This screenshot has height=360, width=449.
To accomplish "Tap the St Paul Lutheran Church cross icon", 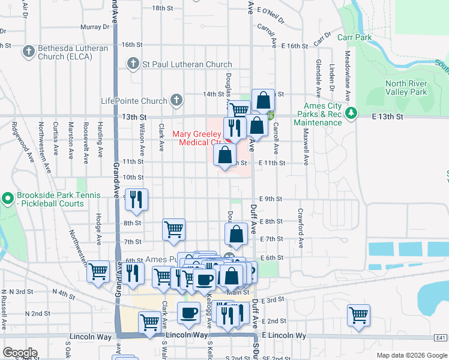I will (x=133, y=64).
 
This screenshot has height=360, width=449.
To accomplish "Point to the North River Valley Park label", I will (x=406, y=88).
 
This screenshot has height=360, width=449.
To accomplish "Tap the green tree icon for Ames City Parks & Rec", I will (x=352, y=112).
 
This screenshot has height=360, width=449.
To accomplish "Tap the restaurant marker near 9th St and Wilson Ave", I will (x=137, y=199).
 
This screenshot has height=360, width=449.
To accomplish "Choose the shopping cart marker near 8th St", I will (x=173, y=229).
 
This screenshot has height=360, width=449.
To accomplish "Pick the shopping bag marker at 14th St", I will (x=263, y=100).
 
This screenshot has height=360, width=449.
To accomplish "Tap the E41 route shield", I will (x=441, y=339).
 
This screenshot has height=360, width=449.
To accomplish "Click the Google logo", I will (x=20, y=353).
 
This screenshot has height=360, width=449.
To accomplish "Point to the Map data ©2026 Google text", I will (x=411, y=355).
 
